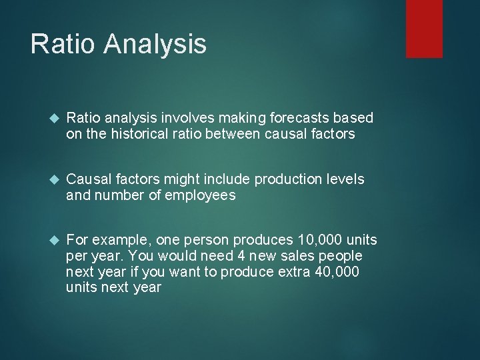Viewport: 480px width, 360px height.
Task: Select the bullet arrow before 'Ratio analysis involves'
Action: (x=55, y=119)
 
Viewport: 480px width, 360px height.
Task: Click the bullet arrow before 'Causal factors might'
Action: (x=55, y=180)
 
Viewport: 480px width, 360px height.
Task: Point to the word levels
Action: (x=345, y=179)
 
